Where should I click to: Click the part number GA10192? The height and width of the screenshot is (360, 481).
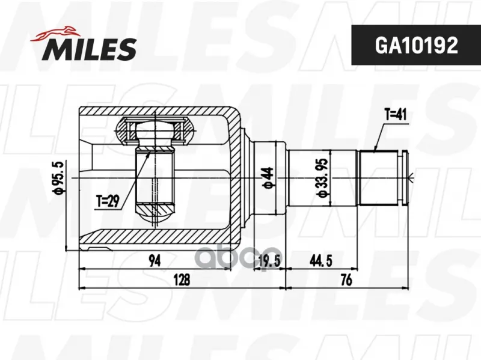(416, 45)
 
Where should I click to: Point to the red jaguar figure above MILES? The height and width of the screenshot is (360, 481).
(55, 34)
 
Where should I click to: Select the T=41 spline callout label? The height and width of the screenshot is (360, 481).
(396, 115)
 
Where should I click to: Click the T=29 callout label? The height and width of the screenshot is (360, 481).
(108, 201)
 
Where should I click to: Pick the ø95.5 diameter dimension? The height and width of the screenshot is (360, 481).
(58, 177)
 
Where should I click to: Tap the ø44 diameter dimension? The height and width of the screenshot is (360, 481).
(268, 178)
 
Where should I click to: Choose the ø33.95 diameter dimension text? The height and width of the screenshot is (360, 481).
(323, 178)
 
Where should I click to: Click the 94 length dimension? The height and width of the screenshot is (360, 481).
(155, 261)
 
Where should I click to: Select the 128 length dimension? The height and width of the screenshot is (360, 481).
(182, 280)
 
